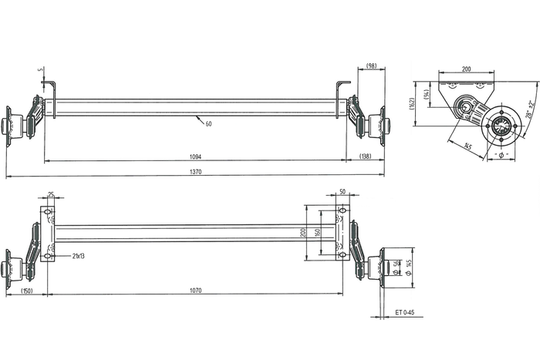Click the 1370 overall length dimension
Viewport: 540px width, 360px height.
pos(195,172)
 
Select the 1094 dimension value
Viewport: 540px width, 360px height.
pos(195,156)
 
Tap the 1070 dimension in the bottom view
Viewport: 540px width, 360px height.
pos(195,290)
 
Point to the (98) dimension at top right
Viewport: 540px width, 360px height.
pos(371,66)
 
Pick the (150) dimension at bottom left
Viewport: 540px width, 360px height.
pos(26,290)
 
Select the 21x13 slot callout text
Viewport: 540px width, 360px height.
pos(79,254)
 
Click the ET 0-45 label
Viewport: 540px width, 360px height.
pos(405,312)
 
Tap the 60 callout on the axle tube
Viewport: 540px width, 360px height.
pos(208,123)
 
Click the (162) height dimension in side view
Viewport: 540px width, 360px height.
pos(413,101)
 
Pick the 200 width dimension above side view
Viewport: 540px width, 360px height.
pos(466,69)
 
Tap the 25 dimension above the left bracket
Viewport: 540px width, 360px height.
pos(51,194)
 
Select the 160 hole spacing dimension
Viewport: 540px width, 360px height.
pos(317,233)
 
